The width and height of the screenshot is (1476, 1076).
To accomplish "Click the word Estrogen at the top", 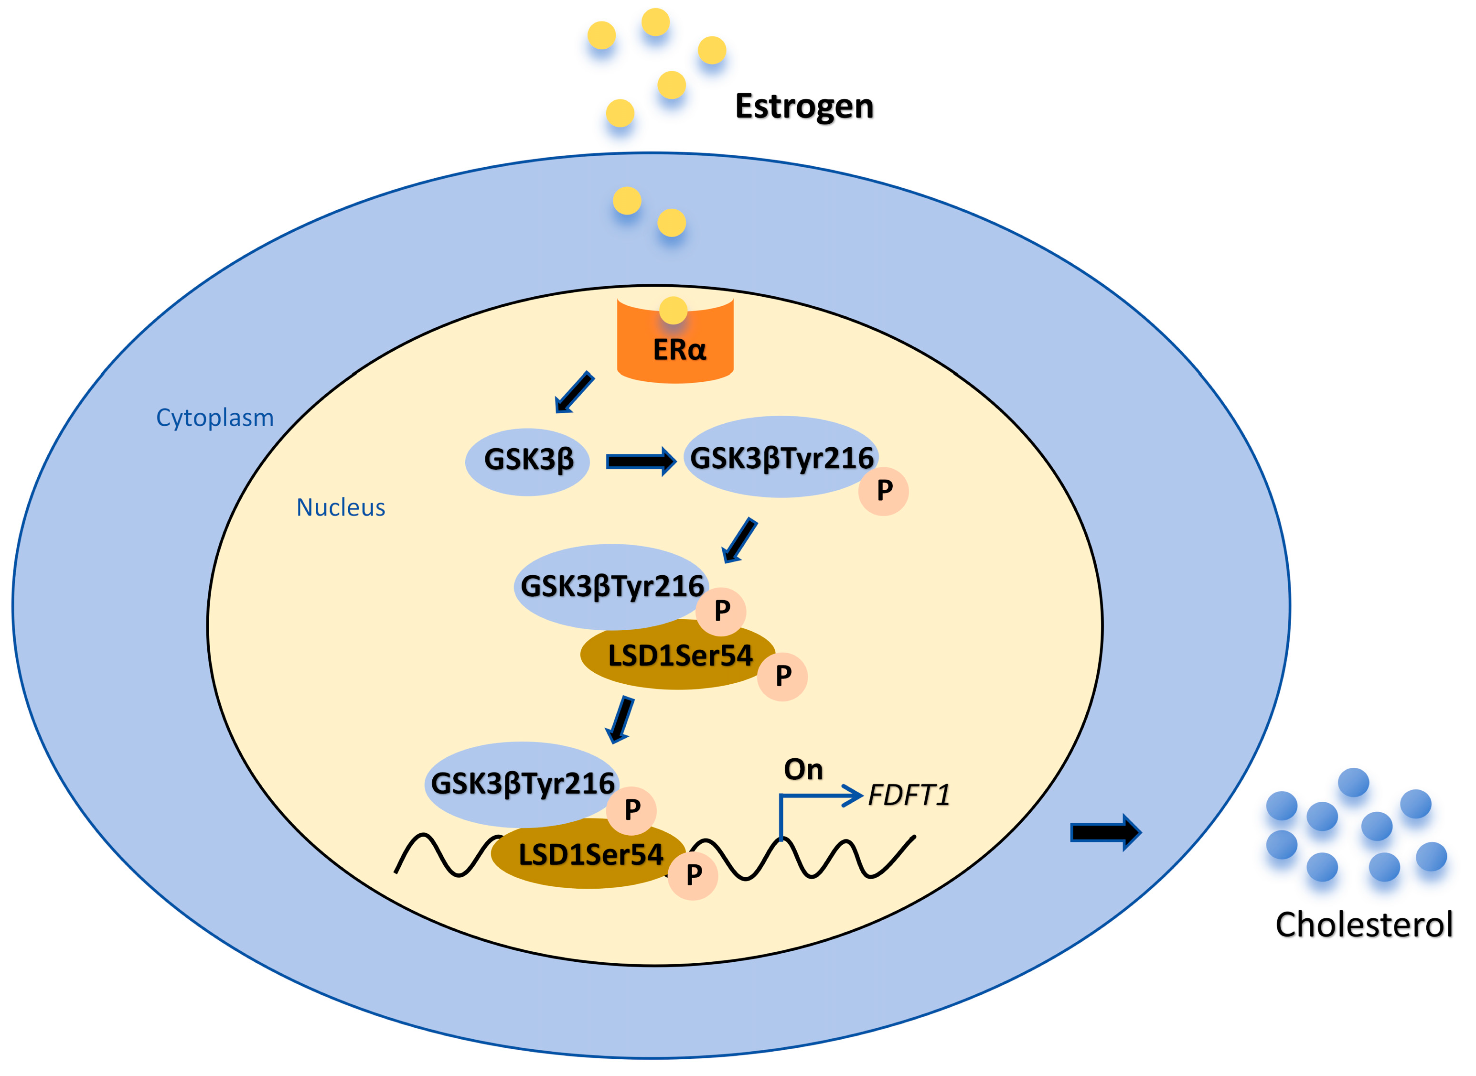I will (803, 106).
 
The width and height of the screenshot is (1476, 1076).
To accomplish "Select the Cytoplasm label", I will (215, 418).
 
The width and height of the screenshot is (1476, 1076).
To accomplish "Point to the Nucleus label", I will (341, 507).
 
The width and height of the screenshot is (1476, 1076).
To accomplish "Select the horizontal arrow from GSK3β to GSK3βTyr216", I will (640, 461).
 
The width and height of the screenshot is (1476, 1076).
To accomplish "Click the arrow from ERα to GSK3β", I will (574, 392).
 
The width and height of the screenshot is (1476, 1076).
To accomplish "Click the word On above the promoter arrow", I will (803, 770).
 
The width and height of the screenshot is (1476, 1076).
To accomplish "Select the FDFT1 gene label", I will (909, 795).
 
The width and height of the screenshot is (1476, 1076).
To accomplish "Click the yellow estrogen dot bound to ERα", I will (673, 310).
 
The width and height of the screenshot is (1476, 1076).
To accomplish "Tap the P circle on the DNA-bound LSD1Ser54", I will (693, 875).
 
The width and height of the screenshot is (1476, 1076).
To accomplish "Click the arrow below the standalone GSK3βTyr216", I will (739, 540).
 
